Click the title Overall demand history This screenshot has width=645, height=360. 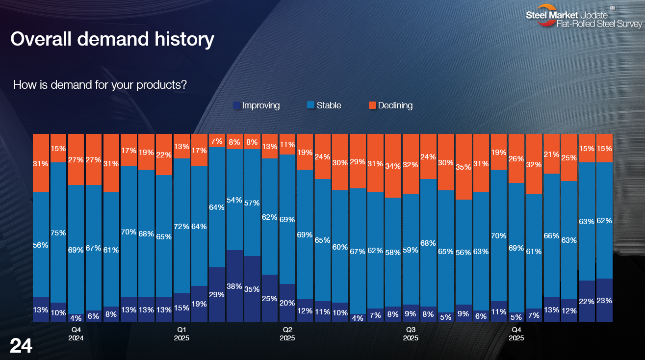pos(112,39)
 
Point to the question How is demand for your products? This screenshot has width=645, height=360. pos(100,84)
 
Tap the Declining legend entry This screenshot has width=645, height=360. pos(390,105)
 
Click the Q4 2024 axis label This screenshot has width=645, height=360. pos(76,334)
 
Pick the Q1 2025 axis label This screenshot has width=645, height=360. pos(181,334)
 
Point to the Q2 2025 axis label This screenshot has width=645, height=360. pos(287,334)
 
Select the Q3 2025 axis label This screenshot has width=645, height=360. pos(411,334)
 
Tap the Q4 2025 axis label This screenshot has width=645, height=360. pos(516,334)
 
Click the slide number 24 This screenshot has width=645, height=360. pos(21,346)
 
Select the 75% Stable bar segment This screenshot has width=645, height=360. pos(58,232)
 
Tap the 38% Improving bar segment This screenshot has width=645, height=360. pos(234,286)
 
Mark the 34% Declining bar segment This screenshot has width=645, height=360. pos(393,166)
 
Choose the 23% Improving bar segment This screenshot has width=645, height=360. pos(604,300)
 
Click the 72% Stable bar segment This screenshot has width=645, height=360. pos(181,226)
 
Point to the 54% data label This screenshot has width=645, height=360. pos(234,200)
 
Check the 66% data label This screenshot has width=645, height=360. pos(551,235)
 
